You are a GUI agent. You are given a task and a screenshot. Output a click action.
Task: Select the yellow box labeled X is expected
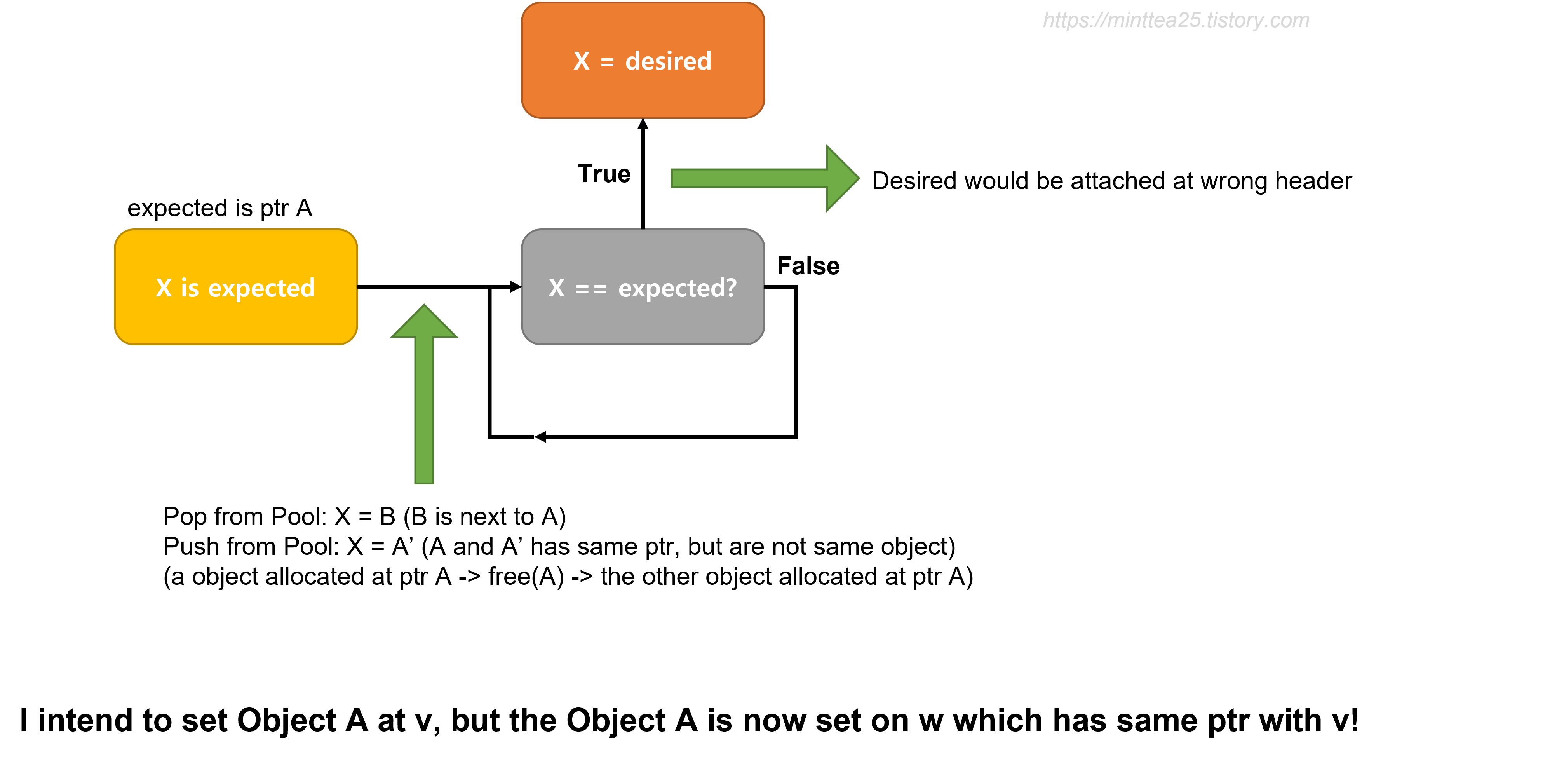(235, 322)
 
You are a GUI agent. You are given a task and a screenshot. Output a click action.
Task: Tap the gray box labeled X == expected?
(643, 322)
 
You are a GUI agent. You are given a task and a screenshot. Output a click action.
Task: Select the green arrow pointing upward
(424, 413)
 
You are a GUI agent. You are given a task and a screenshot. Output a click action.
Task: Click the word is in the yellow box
(190, 288)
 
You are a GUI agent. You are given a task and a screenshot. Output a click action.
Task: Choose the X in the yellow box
(163, 288)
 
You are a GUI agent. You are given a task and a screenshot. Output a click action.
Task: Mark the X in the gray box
(556, 288)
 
